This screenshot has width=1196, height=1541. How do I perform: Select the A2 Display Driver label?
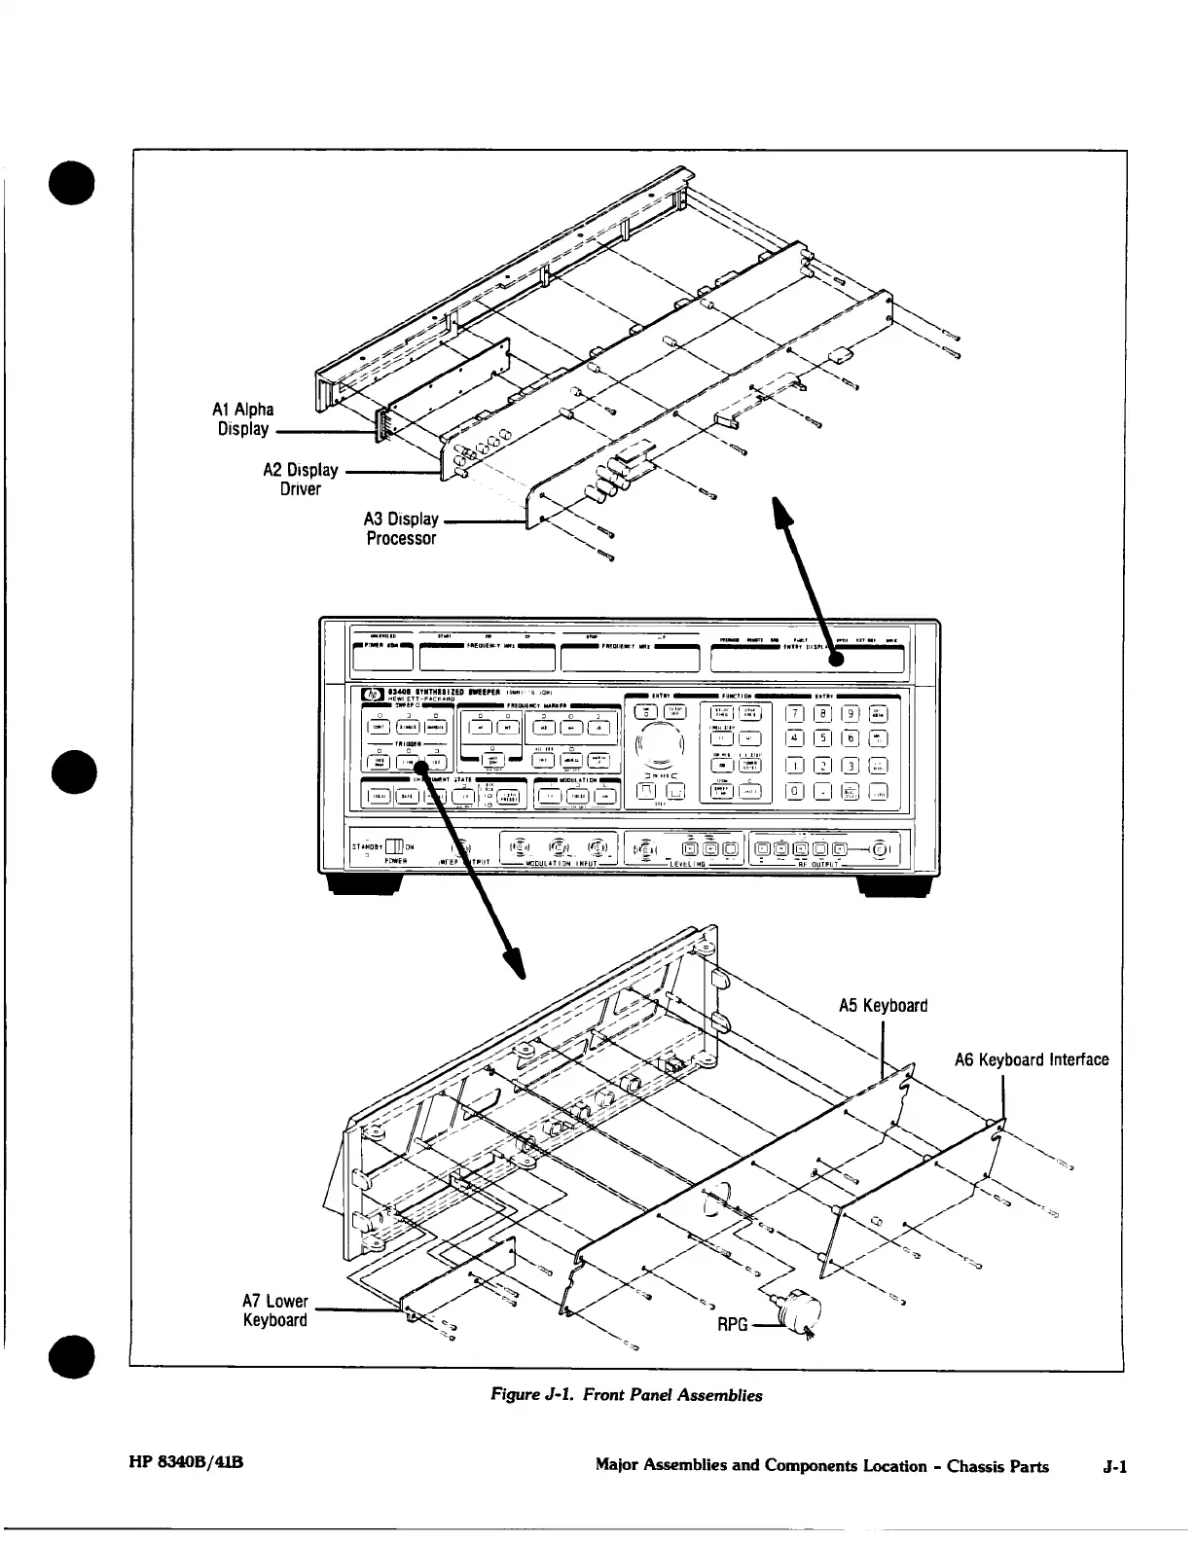click(301, 479)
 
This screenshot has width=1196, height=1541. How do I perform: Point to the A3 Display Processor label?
click(401, 529)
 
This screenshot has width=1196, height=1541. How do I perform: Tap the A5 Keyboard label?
click(883, 1006)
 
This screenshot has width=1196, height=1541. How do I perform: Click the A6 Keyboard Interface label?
click(1031, 1059)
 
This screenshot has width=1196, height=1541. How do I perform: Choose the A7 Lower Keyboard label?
click(275, 1310)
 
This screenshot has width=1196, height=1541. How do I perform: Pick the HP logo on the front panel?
click(372, 696)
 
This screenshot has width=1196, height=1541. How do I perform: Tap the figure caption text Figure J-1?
click(626, 1395)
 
